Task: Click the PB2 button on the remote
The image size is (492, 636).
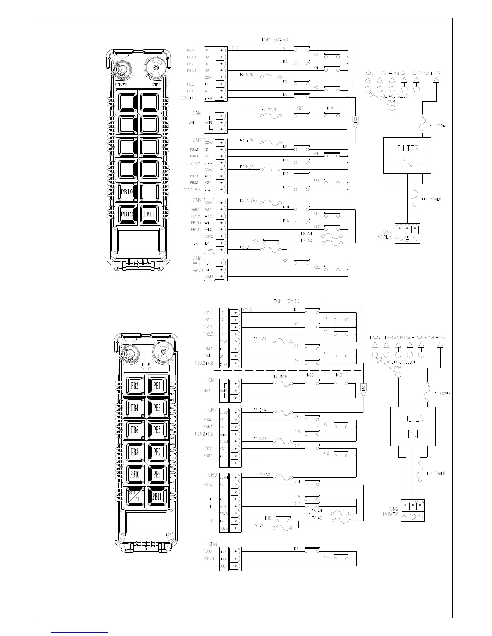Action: click(135, 385)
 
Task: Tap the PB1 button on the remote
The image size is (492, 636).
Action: click(157, 385)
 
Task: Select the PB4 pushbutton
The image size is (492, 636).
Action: click(135, 408)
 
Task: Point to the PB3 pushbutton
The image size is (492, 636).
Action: click(157, 408)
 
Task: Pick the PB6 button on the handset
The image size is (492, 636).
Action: click(135, 430)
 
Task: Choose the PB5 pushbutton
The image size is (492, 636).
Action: click(157, 430)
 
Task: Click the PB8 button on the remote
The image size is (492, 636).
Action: click(135, 452)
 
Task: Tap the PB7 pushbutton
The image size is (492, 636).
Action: click(157, 452)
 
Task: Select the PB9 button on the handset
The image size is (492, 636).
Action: click(157, 474)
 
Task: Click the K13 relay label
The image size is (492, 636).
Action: click(286, 187)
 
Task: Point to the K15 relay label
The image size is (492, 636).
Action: click(316, 214)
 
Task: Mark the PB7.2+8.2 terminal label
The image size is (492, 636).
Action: click(192, 190)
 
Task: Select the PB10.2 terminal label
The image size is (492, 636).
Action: click(196, 229)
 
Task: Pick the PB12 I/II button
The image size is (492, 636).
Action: click(135, 496)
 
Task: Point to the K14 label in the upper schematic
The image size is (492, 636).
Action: click(286, 207)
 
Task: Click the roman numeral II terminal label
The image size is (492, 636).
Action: click(211, 506)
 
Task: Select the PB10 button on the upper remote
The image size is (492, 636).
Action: click(127, 192)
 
